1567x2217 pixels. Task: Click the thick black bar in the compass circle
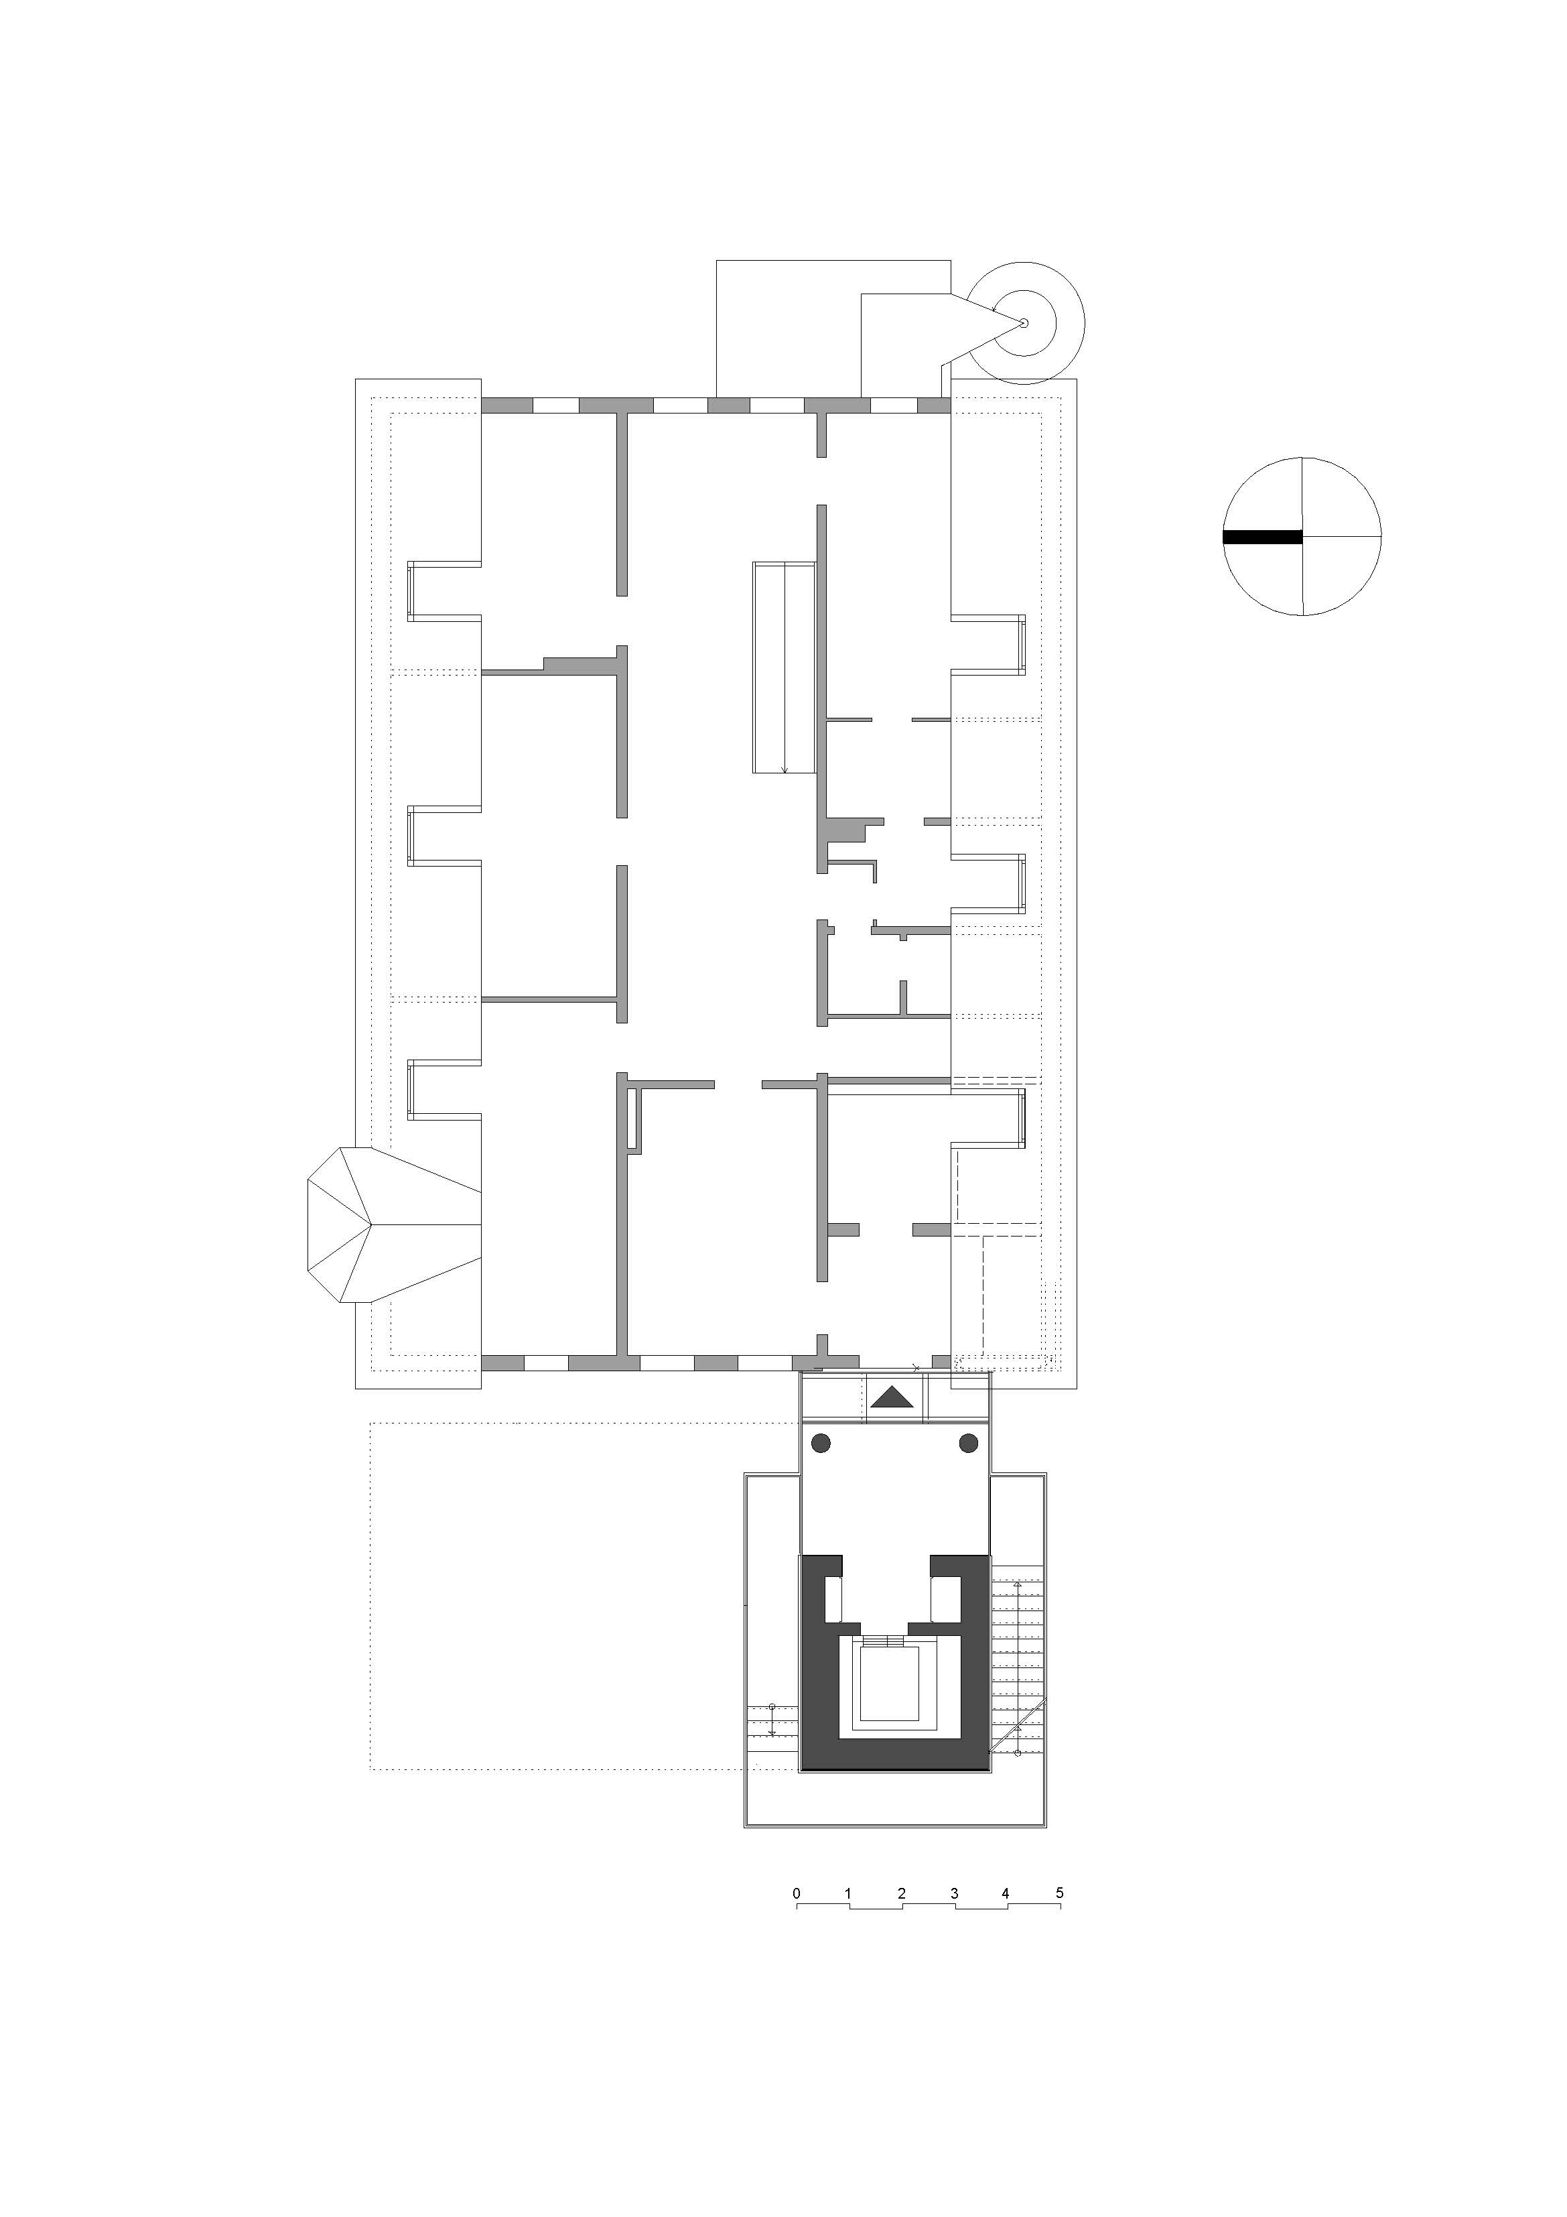pyautogui.click(x=1262, y=537)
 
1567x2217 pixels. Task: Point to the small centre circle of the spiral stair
pyautogui.click(x=1024, y=322)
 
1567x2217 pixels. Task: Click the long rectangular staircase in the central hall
pyautogui.click(x=785, y=668)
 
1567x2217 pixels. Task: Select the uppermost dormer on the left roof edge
pyautogui.click(x=444, y=589)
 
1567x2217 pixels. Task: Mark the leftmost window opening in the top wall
pyautogui.click(x=556, y=405)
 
